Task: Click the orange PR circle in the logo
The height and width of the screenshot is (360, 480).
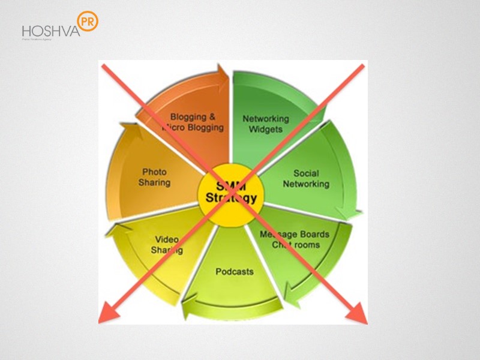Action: [x=88, y=21]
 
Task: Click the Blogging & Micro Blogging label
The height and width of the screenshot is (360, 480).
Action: [x=193, y=122]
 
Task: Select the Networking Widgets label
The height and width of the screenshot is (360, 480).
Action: [x=266, y=124]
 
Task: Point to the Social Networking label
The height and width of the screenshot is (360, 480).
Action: [x=306, y=179]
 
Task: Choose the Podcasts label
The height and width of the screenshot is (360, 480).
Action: [x=235, y=271]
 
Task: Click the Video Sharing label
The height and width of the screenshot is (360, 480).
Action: [x=167, y=244]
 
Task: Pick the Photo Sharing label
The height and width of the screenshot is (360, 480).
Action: [x=155, y=176]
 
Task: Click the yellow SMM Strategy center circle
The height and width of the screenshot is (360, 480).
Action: [x=231, y=191]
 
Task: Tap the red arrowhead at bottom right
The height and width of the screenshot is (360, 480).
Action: [x=358, y=314]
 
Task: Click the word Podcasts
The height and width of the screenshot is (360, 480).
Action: [x=235, y=271]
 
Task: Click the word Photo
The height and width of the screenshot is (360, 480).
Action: [x=154, y=172]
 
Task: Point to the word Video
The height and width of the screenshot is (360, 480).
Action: [x=167, y=239]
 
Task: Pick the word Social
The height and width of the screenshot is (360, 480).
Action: [x=306, y=174]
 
